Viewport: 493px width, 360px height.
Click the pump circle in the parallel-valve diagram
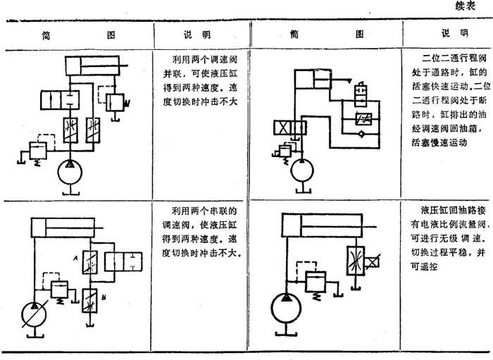tap(69, 169)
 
